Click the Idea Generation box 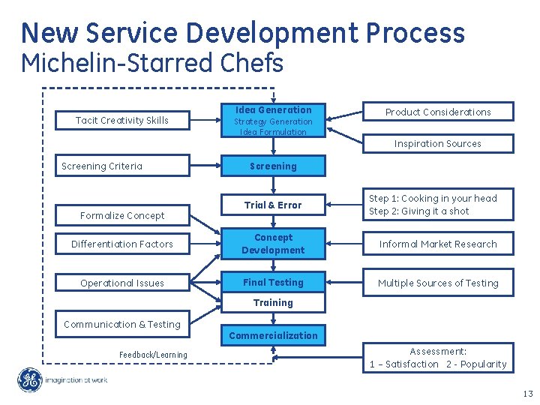coord(273,120)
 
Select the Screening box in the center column coord(273,166)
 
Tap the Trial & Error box coord(273,205)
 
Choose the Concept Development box coord(273,244)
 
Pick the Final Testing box coord(273,283)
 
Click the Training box coord(273,303)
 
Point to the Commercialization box coord(273,335)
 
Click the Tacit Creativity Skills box coord(122,120)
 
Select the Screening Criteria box coord(122,166)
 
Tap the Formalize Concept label coord(122,215)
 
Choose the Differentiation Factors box coord(122,244)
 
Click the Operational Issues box coord(122,283)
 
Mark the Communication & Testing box coord(122,325)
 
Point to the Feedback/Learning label coord(153,355)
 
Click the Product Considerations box coord(438,112)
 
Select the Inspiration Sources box coord(438,143)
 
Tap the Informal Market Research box coord(438,244)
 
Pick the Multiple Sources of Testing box coord(438,283)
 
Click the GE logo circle coord(30,380)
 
